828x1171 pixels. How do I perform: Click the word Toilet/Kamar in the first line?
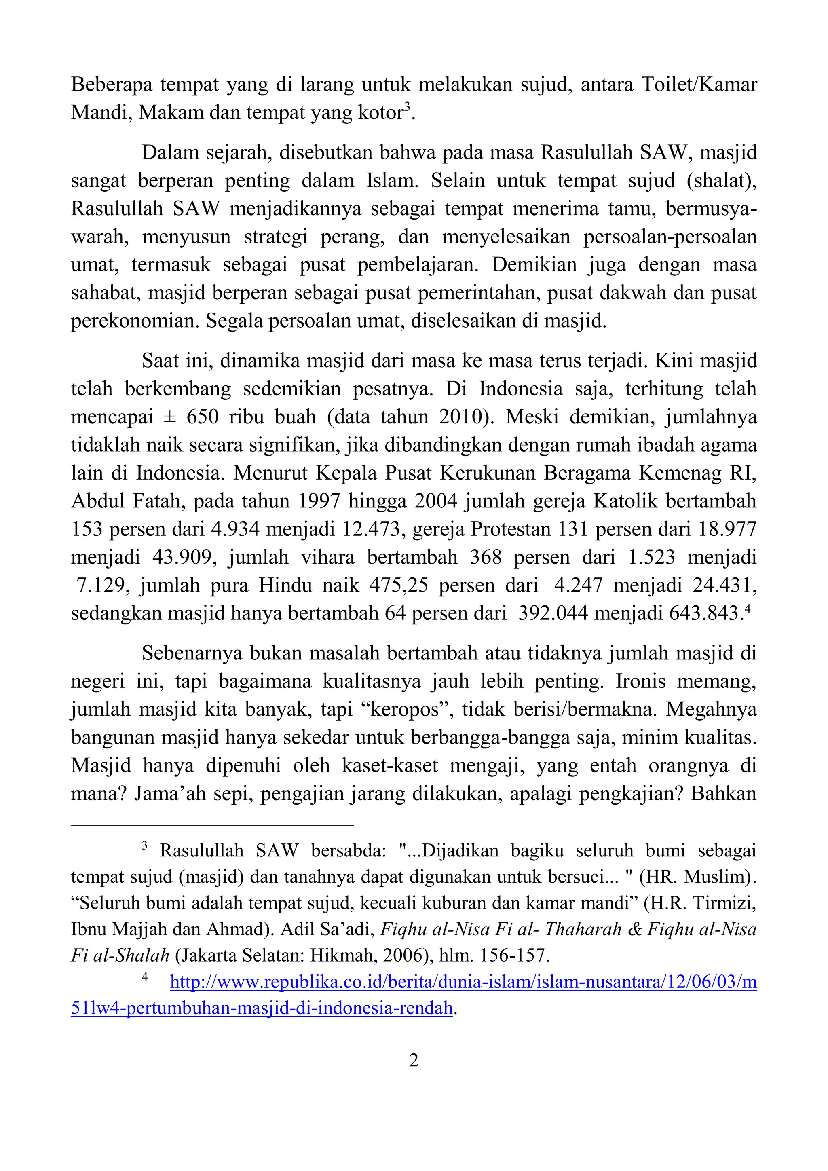point(699,84)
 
